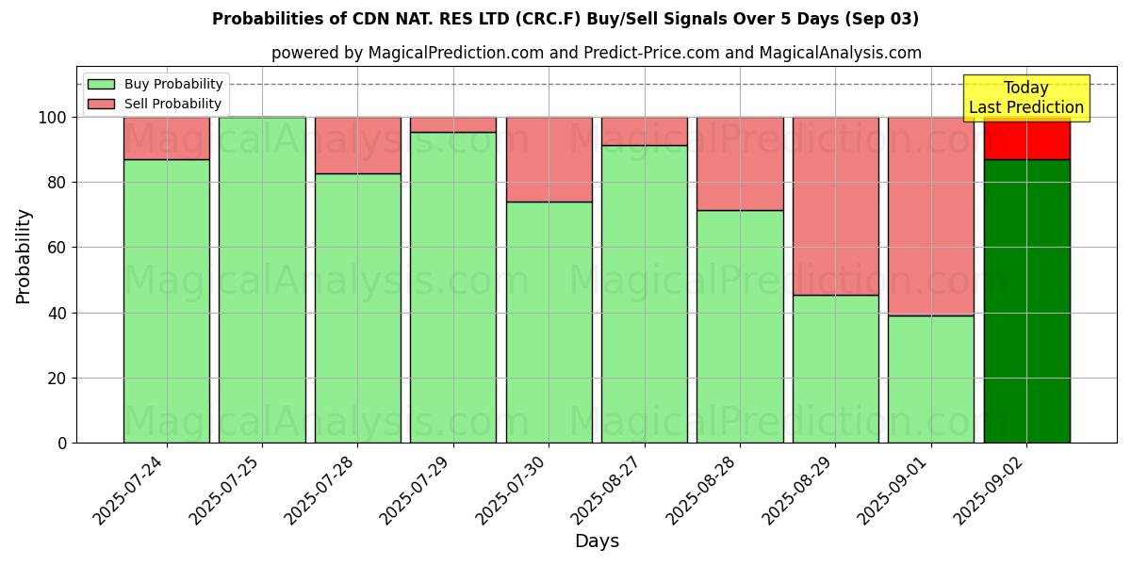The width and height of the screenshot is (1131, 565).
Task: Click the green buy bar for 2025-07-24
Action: (x=166, y=301)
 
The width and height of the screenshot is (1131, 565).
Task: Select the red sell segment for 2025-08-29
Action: (x=835, y=206)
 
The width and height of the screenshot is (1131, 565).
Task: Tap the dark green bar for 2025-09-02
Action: (x=1026, y=301)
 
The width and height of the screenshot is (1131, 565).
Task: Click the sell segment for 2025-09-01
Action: (x=930, y=217)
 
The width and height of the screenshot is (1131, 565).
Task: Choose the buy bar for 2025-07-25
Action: (x=262, y=280)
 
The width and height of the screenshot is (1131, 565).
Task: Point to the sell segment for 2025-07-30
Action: (x=549, y=159)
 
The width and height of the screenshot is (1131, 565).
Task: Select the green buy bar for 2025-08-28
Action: (x=740, y=327)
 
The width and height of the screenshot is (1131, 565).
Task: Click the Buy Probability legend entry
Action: (x=155, y=84)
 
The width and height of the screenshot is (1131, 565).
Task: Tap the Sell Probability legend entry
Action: (x=155, y=104)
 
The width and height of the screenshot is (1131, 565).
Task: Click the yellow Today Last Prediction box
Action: (x=1025, y=98)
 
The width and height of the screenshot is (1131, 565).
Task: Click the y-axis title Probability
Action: (x=24, y=255)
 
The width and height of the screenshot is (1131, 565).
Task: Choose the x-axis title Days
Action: (x=597, y=541)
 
